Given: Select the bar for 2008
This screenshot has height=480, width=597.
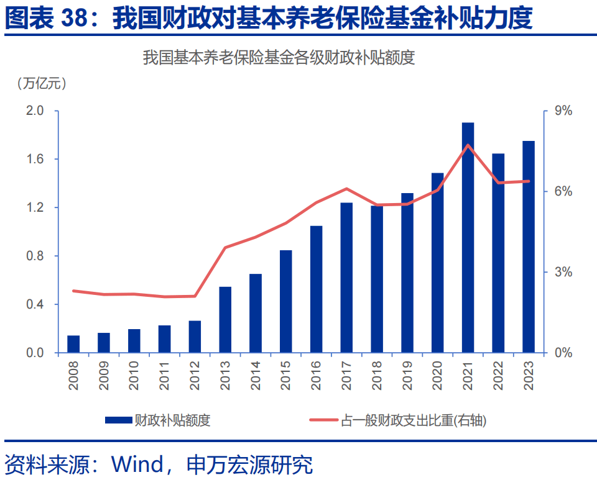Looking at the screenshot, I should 73,344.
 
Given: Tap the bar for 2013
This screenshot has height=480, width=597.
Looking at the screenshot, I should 225,320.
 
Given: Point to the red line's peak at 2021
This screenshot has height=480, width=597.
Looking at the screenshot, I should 468,145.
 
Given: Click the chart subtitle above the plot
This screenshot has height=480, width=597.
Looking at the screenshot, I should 279,58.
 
